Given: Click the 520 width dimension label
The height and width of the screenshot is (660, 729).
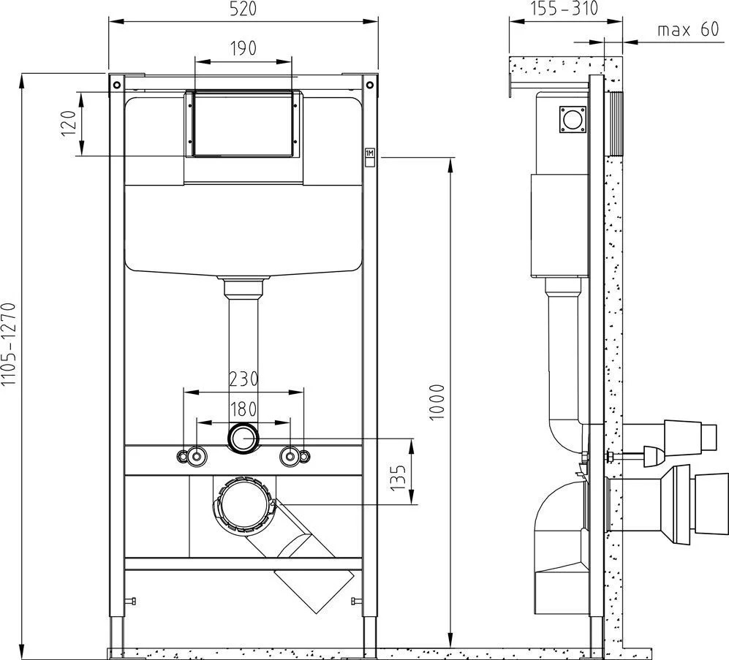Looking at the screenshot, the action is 243,10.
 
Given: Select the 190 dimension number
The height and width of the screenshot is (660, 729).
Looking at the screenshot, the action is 243,48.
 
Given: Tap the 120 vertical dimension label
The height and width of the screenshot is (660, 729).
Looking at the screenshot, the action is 69,123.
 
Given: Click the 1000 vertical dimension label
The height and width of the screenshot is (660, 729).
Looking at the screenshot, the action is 437,403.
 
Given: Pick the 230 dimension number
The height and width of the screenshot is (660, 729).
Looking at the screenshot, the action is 243,379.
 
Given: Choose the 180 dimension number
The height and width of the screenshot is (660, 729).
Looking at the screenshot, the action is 243,409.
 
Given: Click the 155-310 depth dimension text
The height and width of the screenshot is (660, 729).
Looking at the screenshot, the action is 564,8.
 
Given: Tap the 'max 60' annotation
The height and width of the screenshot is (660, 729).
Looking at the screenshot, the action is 688,30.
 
